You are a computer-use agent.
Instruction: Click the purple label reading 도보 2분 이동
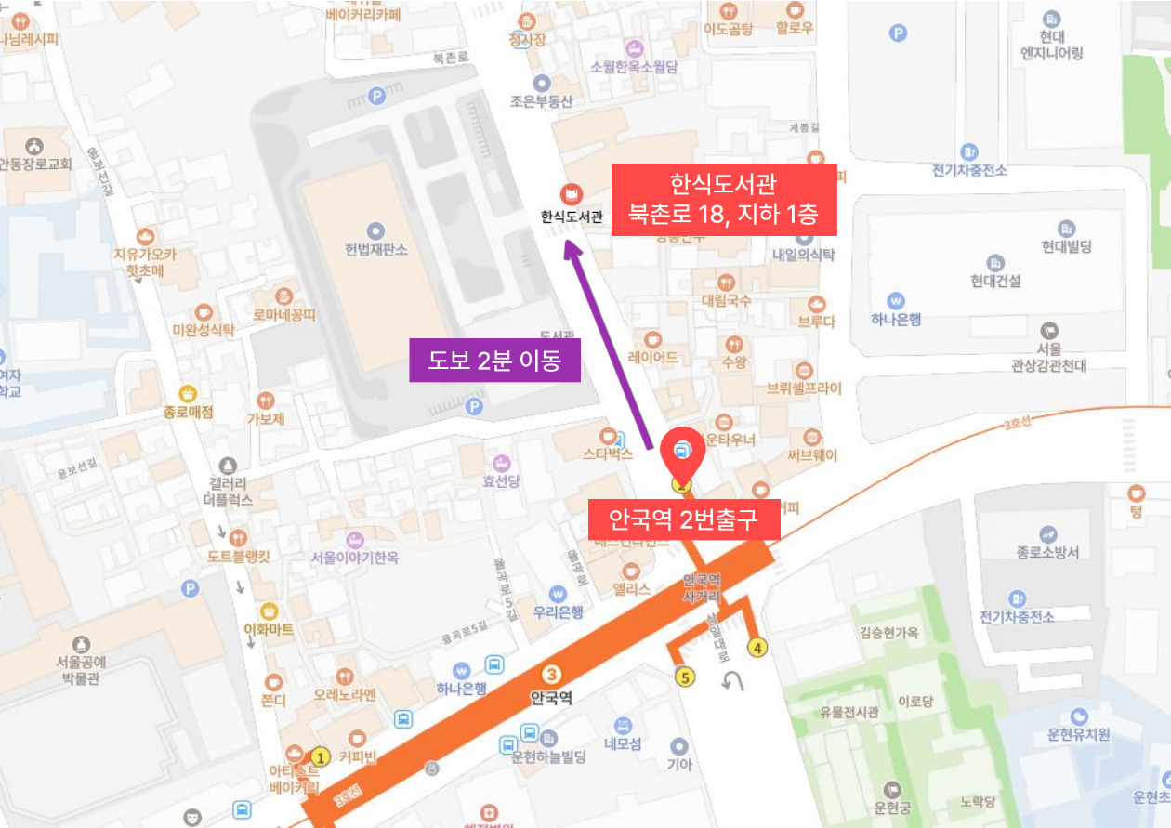pos(494,361)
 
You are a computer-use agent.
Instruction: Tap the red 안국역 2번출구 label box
pos(683,519)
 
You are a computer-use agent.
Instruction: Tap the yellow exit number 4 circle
pos(758,648)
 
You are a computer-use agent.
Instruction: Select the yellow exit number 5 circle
pos(686,677)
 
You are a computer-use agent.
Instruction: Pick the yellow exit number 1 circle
pos(322,756)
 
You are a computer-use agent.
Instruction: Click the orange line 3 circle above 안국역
pos(551,675)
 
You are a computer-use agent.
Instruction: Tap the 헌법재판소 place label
pos(375,250)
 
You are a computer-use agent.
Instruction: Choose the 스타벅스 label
pos(608,454)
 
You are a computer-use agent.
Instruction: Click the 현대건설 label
pos(995,281)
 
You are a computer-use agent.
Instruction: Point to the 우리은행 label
pos(558,612)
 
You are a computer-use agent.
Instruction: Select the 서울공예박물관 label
pos(82,670)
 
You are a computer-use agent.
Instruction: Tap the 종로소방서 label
pos(1048,552)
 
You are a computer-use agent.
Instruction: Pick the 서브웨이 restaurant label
pos(812,455)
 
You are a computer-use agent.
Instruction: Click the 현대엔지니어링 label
pos(1052,45)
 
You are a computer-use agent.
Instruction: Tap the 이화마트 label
pos(269,629)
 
